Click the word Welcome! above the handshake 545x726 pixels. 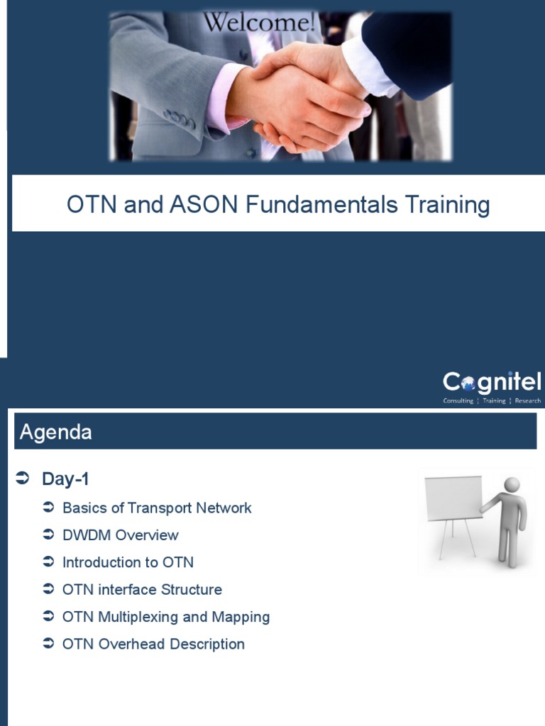click(259, 23)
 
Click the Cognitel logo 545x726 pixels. click(492, 383)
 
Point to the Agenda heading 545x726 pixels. click(56, 432)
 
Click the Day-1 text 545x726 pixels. click(65, 479)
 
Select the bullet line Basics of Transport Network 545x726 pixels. click(157, 508)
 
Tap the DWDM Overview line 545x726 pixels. click(121, 535)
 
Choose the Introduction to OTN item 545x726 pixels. click(128, 562)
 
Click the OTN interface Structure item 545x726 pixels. click(142, 590)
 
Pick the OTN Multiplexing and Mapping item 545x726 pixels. click(166, 617)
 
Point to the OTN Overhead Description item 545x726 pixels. click(153, 644)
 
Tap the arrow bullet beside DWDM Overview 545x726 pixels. click(48, 535)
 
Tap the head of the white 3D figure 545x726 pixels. click(512, 484)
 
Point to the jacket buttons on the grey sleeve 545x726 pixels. click(179, 118)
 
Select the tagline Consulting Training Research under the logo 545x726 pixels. click(492, 401)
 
